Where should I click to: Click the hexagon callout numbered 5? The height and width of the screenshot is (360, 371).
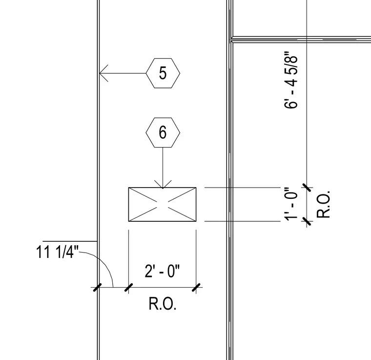[x=163, y=73]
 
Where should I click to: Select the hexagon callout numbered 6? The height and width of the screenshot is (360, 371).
[x=163, y=132]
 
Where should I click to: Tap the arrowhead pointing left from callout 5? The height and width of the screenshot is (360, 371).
[x=103, y=73]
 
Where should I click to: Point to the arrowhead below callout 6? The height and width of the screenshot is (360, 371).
[x=163, y=185]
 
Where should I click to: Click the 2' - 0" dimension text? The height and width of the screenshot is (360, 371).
[x=162, y=271]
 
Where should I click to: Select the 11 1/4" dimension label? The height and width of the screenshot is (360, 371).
[x=57, y=252]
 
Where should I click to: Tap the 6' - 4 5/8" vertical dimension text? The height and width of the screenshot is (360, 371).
[x=290, y=80]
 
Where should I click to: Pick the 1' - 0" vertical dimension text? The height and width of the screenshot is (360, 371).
[x=290, y=204]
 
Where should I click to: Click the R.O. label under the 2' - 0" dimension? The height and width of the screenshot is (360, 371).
[x=162, y=304]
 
